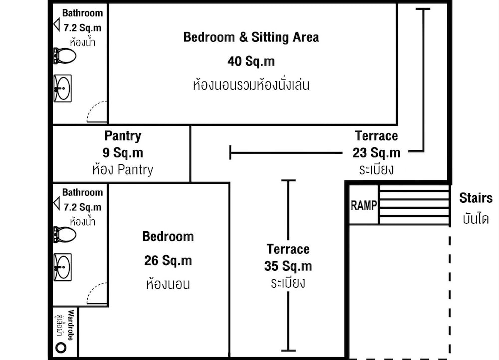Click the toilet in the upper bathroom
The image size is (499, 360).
click(x=65, y=56)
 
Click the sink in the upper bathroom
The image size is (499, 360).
click(x=63, y=88)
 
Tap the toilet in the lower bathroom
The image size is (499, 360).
click(x=65, y=235)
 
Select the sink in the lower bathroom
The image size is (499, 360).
click(x=63, y=267)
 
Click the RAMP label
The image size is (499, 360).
click(x=364, y=205)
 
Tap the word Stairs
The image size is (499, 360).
click(x=476, y=198)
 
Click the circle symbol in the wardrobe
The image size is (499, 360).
click(x=61, y=347)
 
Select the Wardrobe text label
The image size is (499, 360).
click(x=71, y=325)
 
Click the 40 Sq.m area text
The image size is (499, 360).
click(x=251, y=61)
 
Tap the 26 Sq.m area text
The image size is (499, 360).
click(x=168, y=260)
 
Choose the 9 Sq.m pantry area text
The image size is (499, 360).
click(x=123, y=153)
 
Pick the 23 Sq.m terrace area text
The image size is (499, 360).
click(x=376, y=153)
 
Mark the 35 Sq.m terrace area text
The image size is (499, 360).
click(x=288, y=266)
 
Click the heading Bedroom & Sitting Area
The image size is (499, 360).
click(x=251, y=37)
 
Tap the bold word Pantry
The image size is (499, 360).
click(x=123, y=136)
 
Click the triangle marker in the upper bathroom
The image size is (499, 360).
click(x=57, y=25)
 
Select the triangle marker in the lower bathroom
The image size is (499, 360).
click(x=57, y=204)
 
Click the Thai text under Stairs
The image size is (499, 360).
click(x=476, y=219)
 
